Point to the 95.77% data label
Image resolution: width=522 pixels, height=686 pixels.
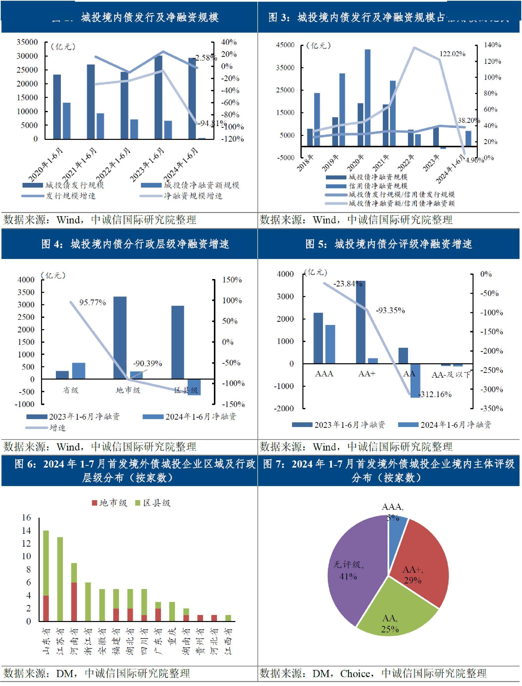(92, 302)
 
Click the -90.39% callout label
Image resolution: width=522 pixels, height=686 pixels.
(148, 363)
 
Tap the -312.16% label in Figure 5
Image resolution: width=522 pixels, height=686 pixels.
(435, 394)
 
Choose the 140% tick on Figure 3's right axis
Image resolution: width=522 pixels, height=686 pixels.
(492, 45)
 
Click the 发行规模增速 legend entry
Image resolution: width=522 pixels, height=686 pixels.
(70, 196)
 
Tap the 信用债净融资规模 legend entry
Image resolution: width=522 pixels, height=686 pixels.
(378, 186)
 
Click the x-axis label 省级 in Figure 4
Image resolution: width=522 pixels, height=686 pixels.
(70, 390)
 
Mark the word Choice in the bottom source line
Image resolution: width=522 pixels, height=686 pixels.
(355, 674)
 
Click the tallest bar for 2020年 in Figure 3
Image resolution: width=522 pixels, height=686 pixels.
(367, 98)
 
